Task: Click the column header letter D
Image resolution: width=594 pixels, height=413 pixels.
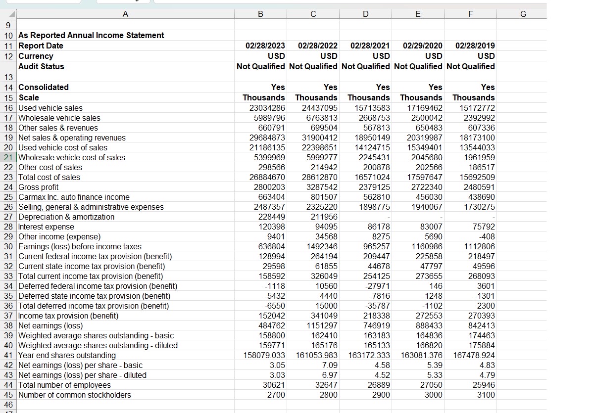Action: click(365, 14)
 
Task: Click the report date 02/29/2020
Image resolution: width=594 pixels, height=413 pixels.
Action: click(423, 46)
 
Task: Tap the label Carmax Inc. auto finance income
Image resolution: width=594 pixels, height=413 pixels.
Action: click(74, 197)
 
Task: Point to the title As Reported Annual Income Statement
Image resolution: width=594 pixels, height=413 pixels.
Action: click(91, 35)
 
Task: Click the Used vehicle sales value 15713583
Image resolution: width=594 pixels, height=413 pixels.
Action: click(369, 108)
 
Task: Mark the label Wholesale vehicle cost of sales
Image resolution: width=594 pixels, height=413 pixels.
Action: click(72, 157)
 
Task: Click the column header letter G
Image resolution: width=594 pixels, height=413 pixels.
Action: click(523, 14)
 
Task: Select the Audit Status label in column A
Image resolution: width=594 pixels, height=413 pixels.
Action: click(41, 66)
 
